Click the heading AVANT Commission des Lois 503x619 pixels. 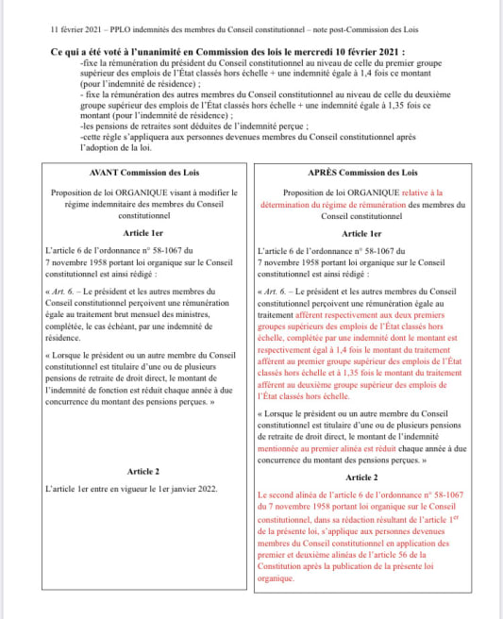(143, 173)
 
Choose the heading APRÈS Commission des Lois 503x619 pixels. (362, 173)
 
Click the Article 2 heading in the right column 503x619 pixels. (362, 477)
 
